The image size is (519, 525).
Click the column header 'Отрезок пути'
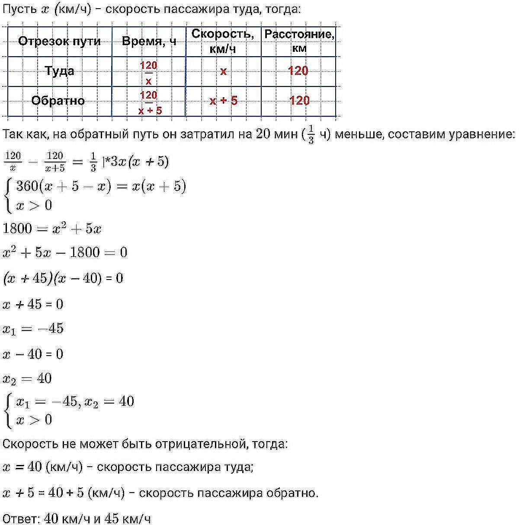coord(59,41)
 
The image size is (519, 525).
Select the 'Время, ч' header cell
coord(149,41)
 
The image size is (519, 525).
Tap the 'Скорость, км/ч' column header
coord(223,41)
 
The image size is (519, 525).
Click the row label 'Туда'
coord(59,71)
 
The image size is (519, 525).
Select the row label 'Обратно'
coord(58,101)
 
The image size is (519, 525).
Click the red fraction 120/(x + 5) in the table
coord(149,102)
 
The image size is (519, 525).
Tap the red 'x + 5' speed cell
coord(223,101)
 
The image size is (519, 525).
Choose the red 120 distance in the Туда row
coord(298,71)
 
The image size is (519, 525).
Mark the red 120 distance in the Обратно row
coord(299,101)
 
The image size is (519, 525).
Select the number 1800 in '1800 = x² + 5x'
coord(17,229)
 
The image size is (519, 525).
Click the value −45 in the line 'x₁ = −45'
coord(51,328)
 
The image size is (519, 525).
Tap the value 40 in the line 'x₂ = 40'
coord(45,379)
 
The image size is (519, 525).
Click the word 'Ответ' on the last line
coord(20,518)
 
